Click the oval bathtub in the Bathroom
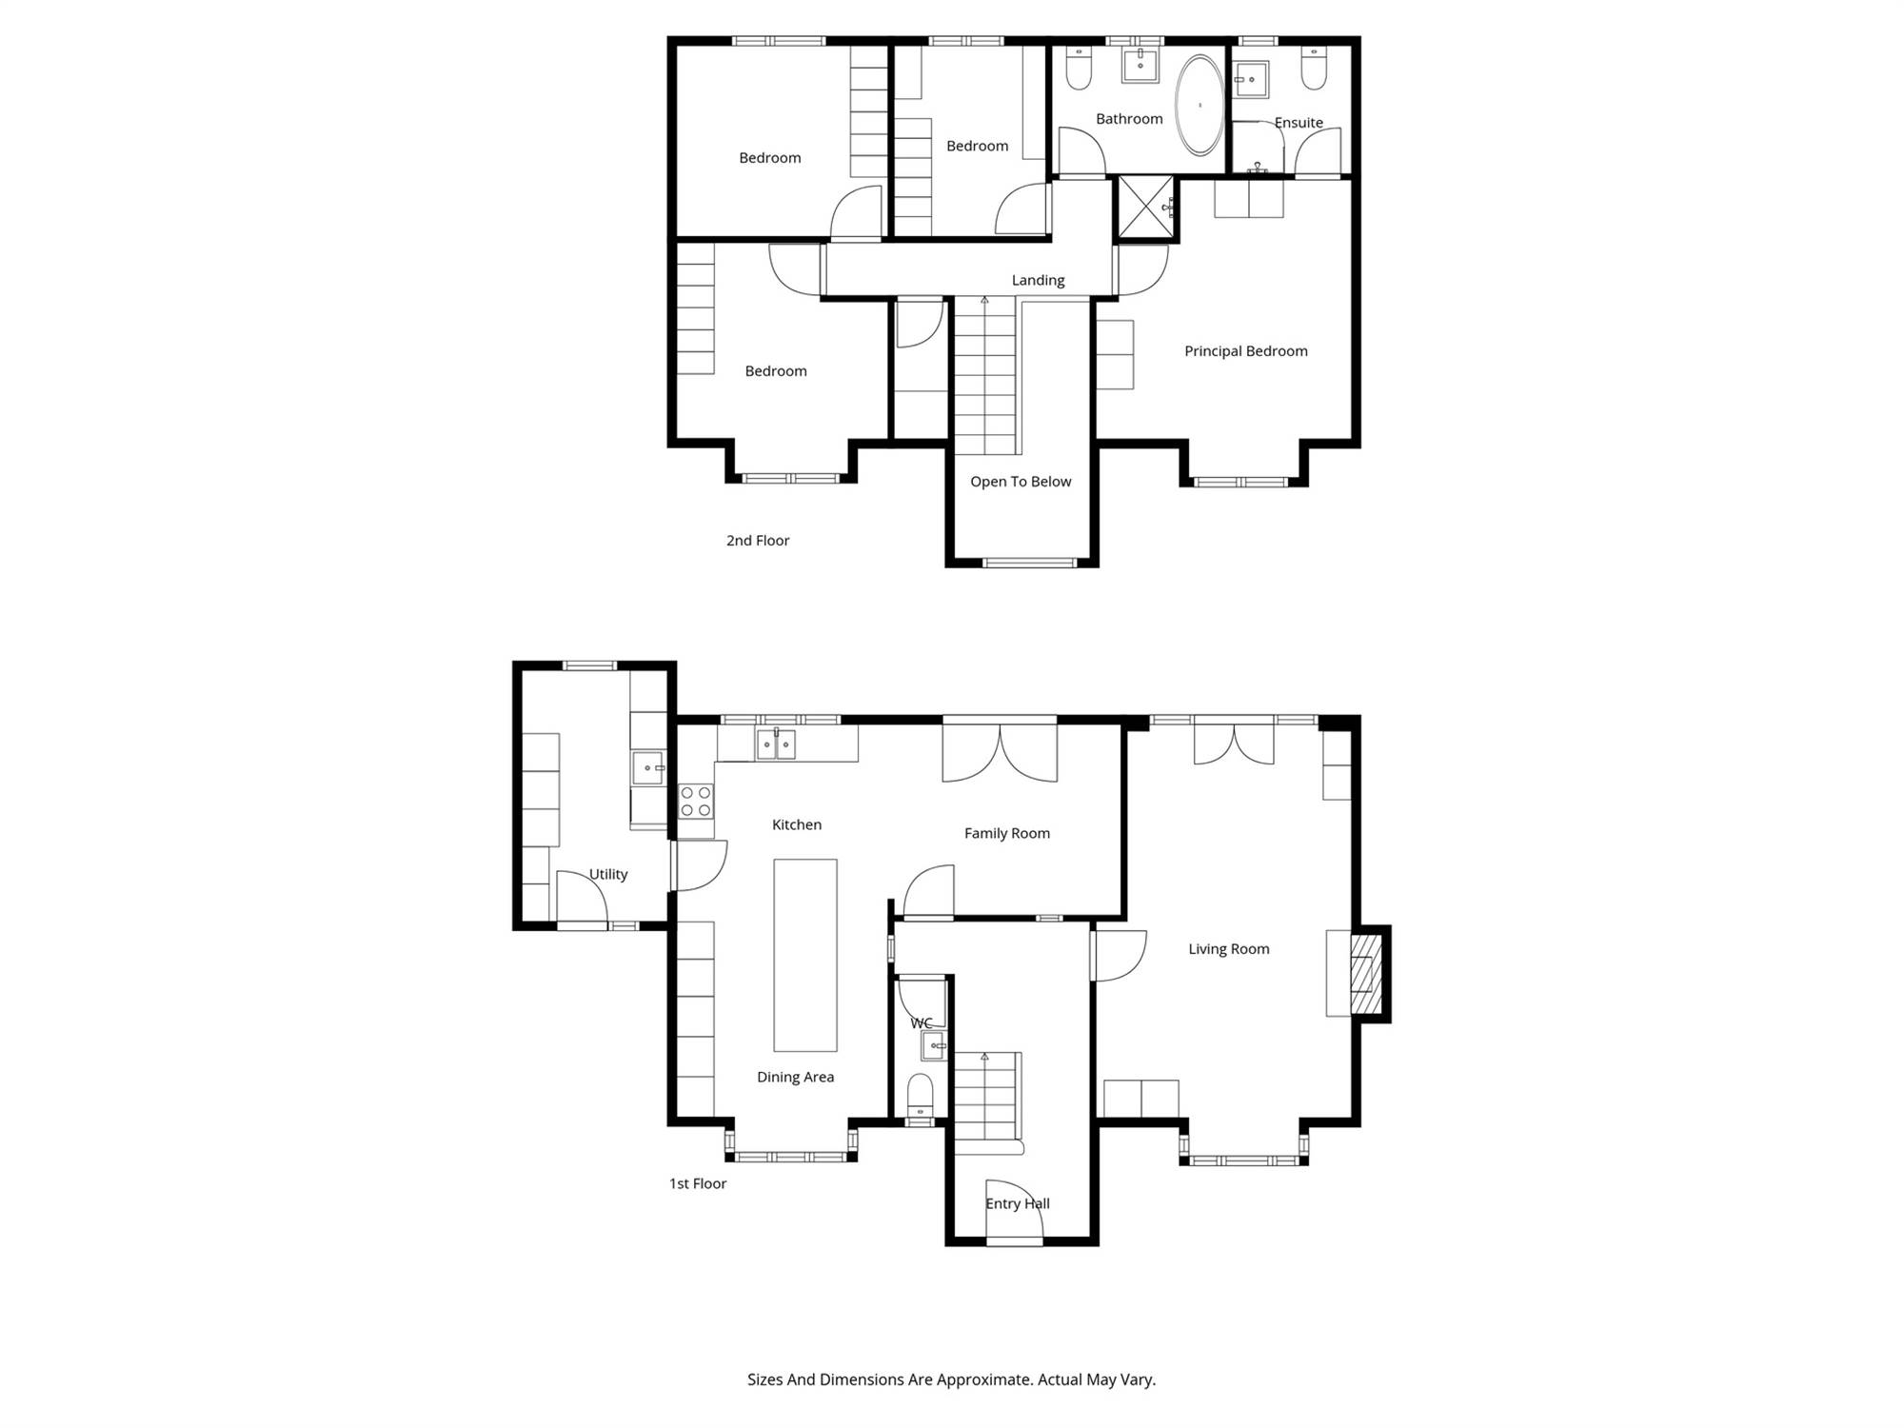[x=1200, y=106]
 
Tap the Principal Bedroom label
[x=1245, y=351]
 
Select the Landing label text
[x=1038, y=280]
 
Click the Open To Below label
[x=1021, y=482]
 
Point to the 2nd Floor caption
[x=758, y=541]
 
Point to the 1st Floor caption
[x=698, y=1183]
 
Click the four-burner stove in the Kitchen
[x=696, y=801]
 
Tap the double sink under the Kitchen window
[x=776, y=744]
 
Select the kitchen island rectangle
[x=805, y=955]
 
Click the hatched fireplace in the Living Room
[x=1366, y=973]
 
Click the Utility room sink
[x=648, y=767]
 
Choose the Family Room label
[x=1007, y=833]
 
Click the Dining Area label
[x=795, y=1077]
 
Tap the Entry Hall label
[x=1018, y=1203]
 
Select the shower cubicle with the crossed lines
[x=1146, y=207]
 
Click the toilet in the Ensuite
[x=1314, y=69]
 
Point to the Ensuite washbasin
[x=1251, y=80]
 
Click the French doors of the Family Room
[x=1000, y=752]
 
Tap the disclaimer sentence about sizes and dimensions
[x=951, y=1379]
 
